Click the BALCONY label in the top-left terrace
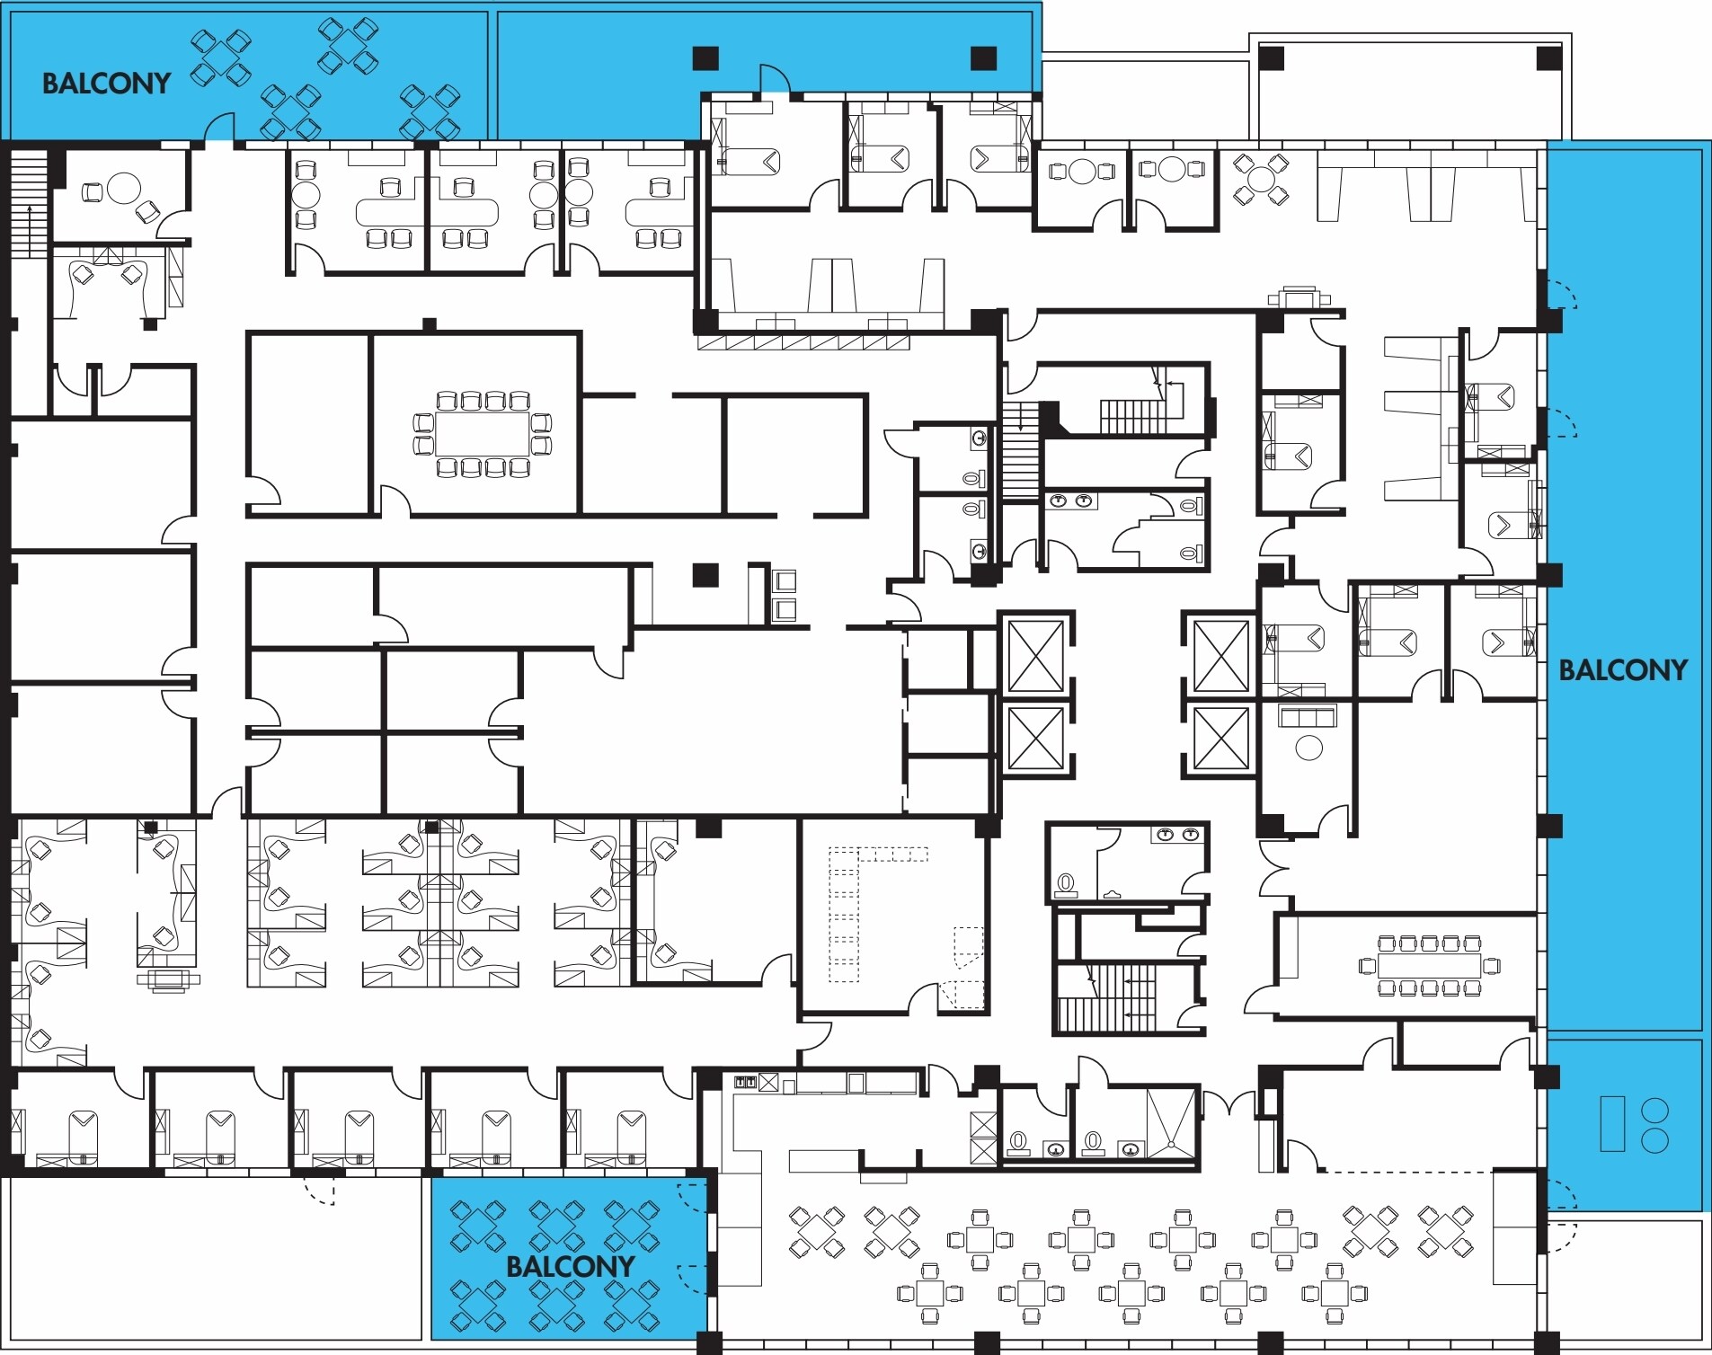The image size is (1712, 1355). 106,84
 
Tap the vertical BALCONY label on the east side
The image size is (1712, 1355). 1622,669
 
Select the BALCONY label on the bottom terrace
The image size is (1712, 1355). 570,1266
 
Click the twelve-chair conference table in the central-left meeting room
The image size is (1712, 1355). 483,434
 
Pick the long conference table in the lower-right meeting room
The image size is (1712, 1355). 1429,966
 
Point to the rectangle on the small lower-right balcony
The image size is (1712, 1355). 1612,1123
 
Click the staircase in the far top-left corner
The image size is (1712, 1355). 29,205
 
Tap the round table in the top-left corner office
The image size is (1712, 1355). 123,188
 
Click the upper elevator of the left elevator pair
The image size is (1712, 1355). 1036,656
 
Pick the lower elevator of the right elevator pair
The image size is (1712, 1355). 1220,739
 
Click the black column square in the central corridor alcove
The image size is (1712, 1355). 705,575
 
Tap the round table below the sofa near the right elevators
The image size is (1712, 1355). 1308,748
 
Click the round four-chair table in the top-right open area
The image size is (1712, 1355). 1261,179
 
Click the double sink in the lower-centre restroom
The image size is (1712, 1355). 1178,835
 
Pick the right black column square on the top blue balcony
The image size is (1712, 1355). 984,58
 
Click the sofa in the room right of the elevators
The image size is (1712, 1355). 1308,716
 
